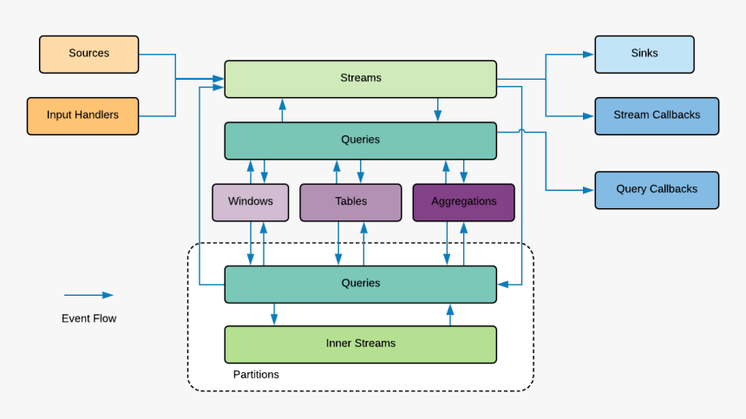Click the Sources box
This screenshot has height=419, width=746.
tap(88, 54)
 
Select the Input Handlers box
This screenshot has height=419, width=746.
tap(82, 115)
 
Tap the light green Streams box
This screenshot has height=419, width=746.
tap(360, 78)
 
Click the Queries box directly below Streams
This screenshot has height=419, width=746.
tap(360, 140)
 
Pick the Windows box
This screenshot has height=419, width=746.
tap(250, 201)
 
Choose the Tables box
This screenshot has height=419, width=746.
tap(350, 201)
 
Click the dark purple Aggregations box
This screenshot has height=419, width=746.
tap(463, 201)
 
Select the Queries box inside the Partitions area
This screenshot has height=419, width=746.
tap(360, 284)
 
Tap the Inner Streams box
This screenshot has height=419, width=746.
tap(360, 344)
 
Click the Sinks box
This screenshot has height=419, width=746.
tap(644, 54)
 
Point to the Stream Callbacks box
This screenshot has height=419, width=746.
tap(656, 115)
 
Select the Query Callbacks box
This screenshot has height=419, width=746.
tap(656, 189)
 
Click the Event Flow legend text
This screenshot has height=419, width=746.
tap(88, 318)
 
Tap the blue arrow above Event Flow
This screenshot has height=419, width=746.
tap(88, 295)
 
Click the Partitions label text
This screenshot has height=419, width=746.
tap(256, 375)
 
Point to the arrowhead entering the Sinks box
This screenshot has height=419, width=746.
tap(589, 54)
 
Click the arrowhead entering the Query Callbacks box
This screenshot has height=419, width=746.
tap(589, 189)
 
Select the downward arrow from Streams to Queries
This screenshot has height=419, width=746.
tap(438, 109)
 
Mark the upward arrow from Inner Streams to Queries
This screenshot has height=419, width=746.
tap(449, 314)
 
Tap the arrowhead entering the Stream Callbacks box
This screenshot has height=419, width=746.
tap(589, 115)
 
